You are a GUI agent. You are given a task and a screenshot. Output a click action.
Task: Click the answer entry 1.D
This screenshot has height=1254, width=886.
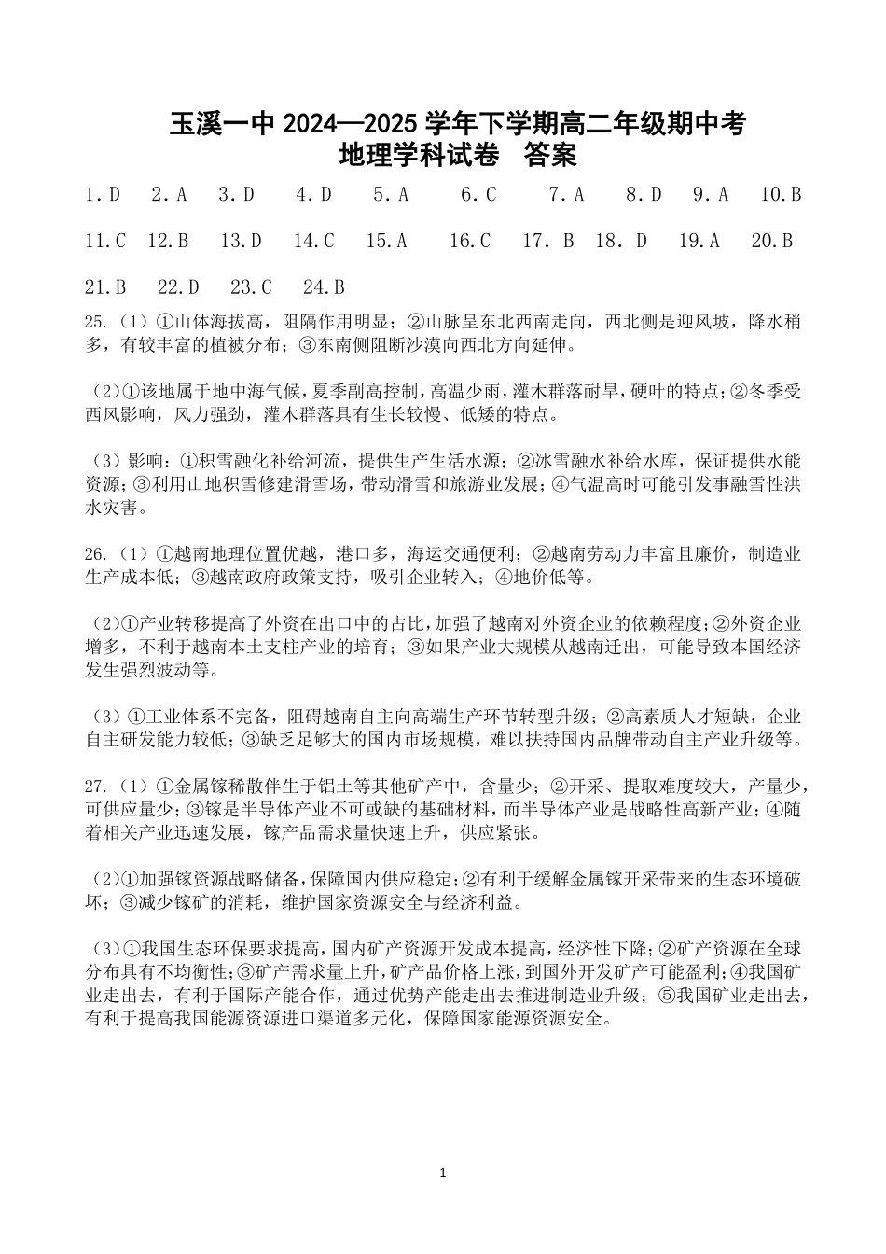tap(103, 195)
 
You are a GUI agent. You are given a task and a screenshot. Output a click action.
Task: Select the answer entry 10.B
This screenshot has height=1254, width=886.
tap(781, 195)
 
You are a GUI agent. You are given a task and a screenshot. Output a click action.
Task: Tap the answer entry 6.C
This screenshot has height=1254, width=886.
tap(478, 195)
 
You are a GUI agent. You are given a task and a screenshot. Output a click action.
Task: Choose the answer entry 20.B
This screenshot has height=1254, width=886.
tap(771, 242)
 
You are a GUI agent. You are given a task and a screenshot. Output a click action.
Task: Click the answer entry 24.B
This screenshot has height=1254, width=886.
tap(324, 287)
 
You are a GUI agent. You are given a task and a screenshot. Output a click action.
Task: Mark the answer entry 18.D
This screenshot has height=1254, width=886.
tap(621, 242)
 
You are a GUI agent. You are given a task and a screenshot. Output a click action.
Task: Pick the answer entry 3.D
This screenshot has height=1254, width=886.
tap(236, 195)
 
